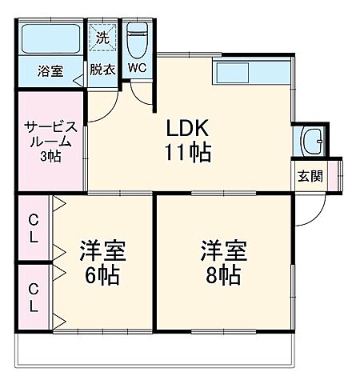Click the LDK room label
pyautogui.click(x=188, y=128)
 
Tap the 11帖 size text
pyautogui.click(x=188, y=153)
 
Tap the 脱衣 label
pyautogui.click(x=102, y=70)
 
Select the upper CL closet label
pyautogui.click(x=34, y=227)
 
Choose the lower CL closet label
pyautogui.click(x=34, y=296)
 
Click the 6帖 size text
pyautogui.click(x=101, y=276)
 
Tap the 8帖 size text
pyautogui.click(x=222, y=276)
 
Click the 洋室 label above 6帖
pyautogui.click(x=101, y=251)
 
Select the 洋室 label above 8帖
pyautogui.click(x=222, y=251)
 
